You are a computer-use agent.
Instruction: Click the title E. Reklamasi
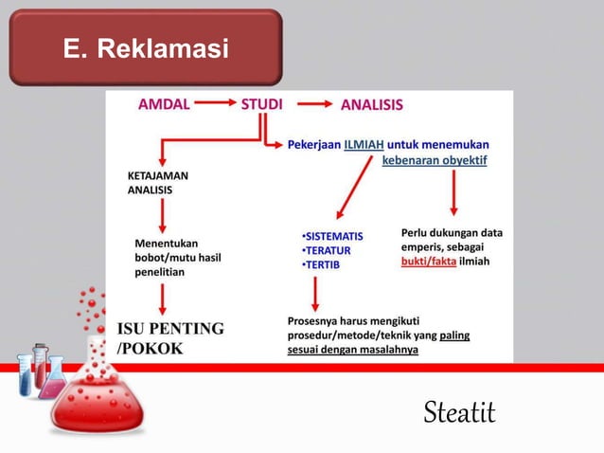point(146,46)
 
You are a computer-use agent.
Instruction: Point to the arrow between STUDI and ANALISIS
point(316,105)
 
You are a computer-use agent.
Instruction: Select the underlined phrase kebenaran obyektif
point(435,159)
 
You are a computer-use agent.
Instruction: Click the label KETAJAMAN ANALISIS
point(157,183)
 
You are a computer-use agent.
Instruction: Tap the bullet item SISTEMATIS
point(331,234)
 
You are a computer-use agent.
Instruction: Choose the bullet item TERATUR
point(324,249)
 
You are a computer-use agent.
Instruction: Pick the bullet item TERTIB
point(320,264)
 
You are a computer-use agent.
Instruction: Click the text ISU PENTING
point(170,329)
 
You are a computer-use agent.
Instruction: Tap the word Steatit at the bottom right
point(459,412)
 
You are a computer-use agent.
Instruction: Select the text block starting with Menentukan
point(177,258)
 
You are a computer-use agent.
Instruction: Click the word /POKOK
point(150,347)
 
